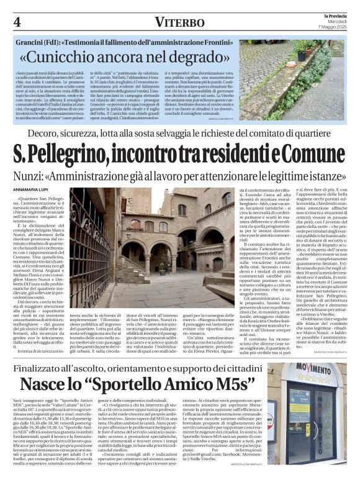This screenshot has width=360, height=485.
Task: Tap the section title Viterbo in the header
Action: [x=179, y=22]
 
